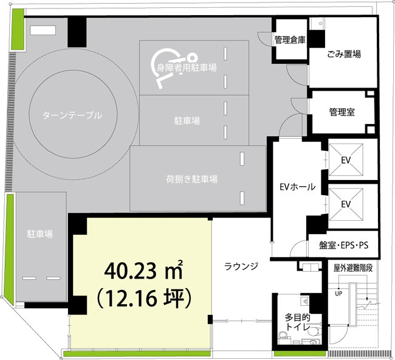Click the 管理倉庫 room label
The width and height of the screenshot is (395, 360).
(290, 40)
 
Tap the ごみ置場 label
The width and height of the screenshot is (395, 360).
(343, 54)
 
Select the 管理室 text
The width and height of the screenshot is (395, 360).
(342, 112)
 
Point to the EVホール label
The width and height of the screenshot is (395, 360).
(296, 187)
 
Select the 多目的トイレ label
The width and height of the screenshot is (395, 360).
(298, 322)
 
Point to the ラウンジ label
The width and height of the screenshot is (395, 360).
(241, 266)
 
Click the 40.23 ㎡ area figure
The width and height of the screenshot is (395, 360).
(143, 269)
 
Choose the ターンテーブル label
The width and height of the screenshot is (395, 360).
(72, 115)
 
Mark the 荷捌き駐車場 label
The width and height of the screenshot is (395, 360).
(192, 179)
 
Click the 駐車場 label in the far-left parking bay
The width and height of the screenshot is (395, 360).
(38, 234)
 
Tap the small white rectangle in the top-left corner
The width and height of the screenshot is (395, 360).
(43, 29)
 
